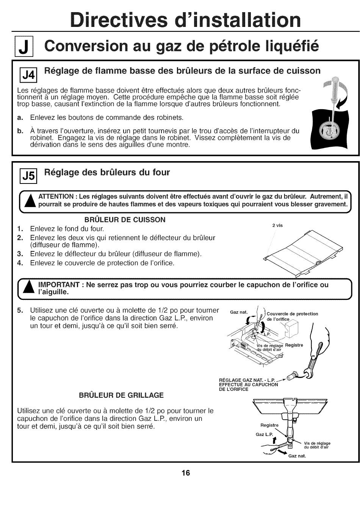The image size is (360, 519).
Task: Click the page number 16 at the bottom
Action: pos(185,473)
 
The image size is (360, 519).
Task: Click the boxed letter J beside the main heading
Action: pos(23,48)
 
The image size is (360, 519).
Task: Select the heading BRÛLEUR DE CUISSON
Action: pos(125,220)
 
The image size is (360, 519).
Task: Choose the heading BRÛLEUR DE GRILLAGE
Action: pos(121,395)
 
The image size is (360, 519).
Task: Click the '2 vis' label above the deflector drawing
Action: pos(277,226)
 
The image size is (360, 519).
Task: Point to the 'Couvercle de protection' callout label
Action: pos(292,314)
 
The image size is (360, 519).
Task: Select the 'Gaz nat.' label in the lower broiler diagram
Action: pos(297,456)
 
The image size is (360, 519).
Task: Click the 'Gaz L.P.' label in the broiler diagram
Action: pos(264,434)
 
